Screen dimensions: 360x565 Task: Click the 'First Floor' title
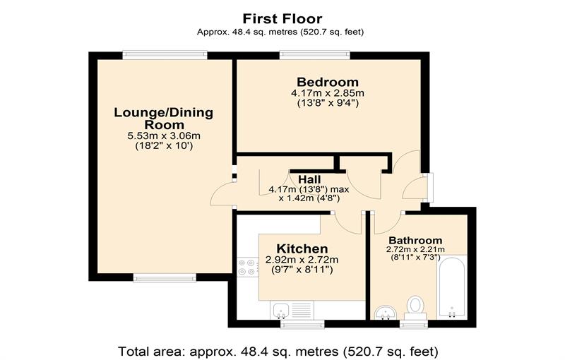pos(282,18)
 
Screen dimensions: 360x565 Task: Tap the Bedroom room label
pos(327,82)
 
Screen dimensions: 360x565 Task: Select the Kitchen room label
pos(302,248)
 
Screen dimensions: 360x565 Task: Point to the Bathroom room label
pos(415,240)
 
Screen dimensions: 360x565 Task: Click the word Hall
pos(309,179)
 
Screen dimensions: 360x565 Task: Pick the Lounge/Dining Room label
pos(164,118)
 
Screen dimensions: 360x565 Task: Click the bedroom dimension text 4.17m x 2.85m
pos(327,93)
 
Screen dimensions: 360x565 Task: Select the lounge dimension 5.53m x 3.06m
pos(164,136)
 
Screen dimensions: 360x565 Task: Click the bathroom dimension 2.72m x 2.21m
pos(415,249)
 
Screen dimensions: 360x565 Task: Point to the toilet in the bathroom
pos(415,306)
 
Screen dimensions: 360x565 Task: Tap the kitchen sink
pos(280,308)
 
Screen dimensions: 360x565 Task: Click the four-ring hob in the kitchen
pos(247,267)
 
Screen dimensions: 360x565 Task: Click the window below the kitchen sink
pos(302,324)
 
